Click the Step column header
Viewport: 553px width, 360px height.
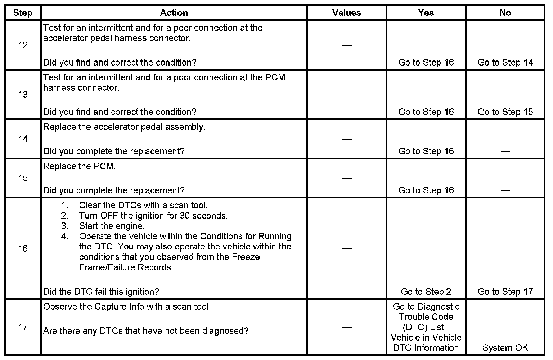coord(23,13)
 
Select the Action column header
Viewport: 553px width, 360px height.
coord(174,13)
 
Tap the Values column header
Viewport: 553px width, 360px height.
coord(347,13)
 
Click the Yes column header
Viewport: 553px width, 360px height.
coord(426,13)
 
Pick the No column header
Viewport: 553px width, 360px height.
coord(505,13)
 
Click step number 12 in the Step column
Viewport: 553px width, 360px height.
coord(23,45)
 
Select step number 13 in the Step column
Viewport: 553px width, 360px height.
coord(23,95)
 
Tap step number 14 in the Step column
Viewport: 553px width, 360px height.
coord(23,139)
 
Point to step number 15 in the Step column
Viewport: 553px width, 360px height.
coord(23,178)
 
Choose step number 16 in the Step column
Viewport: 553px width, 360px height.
coord(23,248)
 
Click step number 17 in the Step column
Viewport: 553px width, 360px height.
coord(23,327)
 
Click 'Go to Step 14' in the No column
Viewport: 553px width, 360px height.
coord(505,63)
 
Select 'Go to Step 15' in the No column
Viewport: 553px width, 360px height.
coord(505,112)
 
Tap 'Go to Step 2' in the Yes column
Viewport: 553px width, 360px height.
coord(426,292)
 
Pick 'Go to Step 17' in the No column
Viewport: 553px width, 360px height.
coord(505,292)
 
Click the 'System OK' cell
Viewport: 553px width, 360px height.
coord(505,348)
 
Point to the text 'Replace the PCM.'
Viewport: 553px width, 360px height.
coord(80,167)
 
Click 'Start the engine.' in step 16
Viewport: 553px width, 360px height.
coord(112,226)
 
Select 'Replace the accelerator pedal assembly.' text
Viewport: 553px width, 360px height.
coord(124,127)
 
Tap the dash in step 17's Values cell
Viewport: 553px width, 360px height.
coord(347,327)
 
